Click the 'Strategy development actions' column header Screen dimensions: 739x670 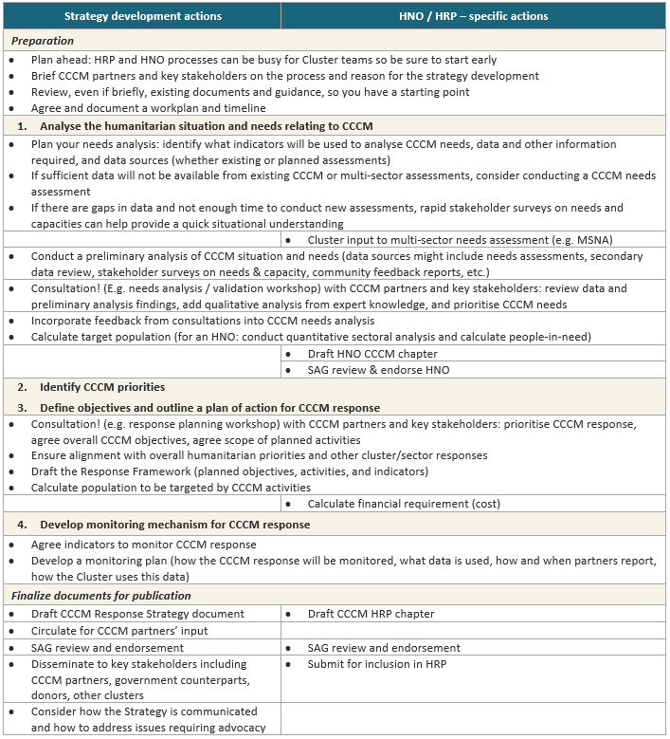[x=142, y=16]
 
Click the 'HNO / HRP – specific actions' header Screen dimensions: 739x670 [x=475, y=16]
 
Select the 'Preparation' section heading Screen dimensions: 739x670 [x=42, y=41]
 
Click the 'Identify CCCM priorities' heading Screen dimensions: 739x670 [x=102, y=387]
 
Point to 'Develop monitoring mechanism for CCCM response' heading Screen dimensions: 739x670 [x=174, y=524]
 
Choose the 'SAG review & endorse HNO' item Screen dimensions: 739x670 [x=378, y=370]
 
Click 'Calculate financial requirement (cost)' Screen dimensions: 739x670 [x=404, y=504]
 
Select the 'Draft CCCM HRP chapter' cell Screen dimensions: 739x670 [x=371, y=614]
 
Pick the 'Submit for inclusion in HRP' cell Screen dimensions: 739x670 [x=376, y=664]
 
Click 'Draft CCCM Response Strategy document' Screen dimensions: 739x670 [x=137, y=614]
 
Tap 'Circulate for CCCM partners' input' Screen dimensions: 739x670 [x=119, y=631]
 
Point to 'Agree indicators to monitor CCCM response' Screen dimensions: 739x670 [x=143, y=545]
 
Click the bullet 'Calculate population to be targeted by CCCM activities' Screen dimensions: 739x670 [x=171, y=488]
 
